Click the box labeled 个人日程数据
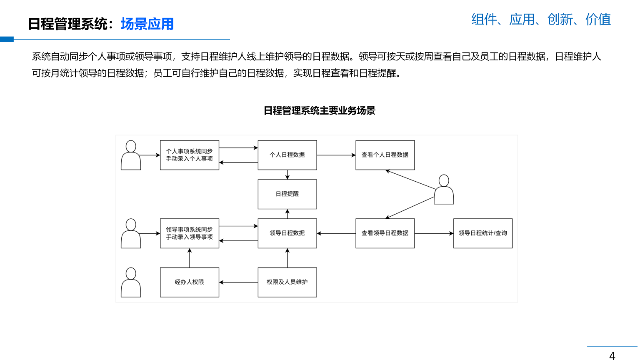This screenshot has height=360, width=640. [x=287, y=155]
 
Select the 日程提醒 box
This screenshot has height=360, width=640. [x=287, y=194]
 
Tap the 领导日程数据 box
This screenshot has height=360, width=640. [x=287, y=233]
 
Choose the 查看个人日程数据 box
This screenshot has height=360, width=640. [x=385, y=155]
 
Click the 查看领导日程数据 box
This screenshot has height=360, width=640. [x=385, y=233]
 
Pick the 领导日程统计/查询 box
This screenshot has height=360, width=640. [x=482, y=233]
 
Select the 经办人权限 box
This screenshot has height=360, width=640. [x=190, y=282]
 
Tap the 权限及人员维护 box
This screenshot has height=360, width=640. [x=287, y=282]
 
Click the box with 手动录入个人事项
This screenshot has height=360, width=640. [x=190, y=155]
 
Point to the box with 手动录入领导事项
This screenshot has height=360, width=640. [x=190, y=233]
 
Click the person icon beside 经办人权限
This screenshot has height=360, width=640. [x=131, y=282]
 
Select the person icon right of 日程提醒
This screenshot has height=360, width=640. [x=444, y=190]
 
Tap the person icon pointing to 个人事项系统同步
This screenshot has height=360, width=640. [x=131, y=155]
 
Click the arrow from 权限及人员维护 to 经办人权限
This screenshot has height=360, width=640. [x=238, y=282]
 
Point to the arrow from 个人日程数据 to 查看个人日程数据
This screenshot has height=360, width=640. [x=336, y=155]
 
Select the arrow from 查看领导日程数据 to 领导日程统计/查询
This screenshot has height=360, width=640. [x=434, y=233]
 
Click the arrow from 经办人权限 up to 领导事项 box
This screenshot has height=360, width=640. [x=190, y=258]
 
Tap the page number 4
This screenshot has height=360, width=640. [x=612, y=355]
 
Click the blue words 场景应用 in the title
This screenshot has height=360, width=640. [x=147, y=24]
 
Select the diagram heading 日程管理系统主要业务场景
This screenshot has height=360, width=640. [x=320, y=111]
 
